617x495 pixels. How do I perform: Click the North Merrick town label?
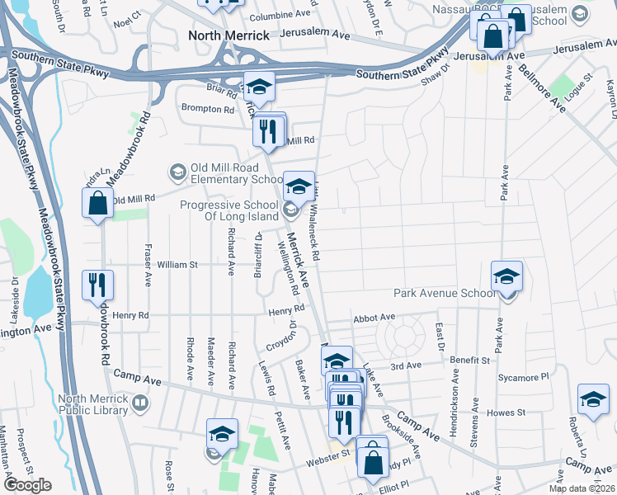click(x=228, y=35)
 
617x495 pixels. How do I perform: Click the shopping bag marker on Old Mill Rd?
click(x=97, y=204)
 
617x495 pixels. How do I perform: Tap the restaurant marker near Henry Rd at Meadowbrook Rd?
click(x=98, y=285)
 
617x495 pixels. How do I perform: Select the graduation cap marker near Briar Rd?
click(x=259, y=87)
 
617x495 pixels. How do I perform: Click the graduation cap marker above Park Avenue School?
click(x=507, y=276)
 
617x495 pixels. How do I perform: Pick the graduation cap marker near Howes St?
click(x=593, y=400)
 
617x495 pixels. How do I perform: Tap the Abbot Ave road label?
click(x=374, y=318)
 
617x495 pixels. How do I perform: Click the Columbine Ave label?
click(x=279, y=14)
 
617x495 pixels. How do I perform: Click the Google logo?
click(x=27, y=485)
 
